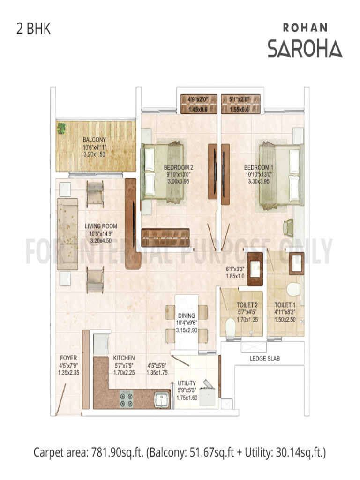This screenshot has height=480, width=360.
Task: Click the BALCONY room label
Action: pyautogui.click(x=94, y=140)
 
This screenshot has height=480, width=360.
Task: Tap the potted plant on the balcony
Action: pyautogui.click(x=61, y=128)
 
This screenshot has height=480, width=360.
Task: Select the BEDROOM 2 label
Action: pyautogui.click(x=179, y=167)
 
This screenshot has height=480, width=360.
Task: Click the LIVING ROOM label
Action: pyautogui.click(x=101, y=226)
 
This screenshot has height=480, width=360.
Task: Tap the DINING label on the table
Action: pyautogui.click(x=183, y=315)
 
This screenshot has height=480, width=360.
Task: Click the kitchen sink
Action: pyautogui.click(x=162, y=400)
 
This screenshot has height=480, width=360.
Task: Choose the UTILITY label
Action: pyautogui.click(x=187, y=383)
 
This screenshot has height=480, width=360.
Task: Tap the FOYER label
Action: pyautogui.click(x=68, y=358)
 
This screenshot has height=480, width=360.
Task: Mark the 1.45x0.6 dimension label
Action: pyautogui.click(x=198, y=110)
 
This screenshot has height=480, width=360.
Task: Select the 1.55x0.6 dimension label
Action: pyautogui.click(x=239, y=110)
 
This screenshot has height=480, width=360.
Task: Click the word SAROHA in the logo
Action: pyautogui.click(x=305, y=48)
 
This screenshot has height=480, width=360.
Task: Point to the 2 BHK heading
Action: pyautogui.click(x=33, y=29)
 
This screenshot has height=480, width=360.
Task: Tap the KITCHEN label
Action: pyautogui.click(x=124, y=358)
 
